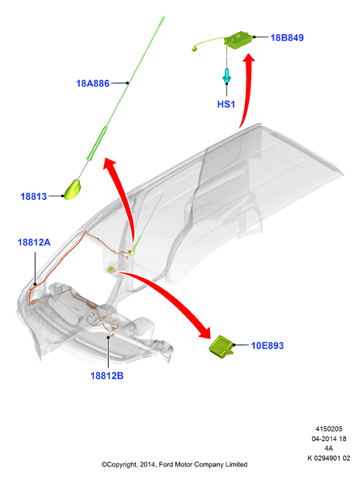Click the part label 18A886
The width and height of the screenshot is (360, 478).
[x=92, y=84]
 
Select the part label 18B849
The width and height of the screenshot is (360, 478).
[x=287, y=38]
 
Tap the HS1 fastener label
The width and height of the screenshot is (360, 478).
[x=226, y=104]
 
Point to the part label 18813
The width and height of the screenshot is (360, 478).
[x=34, y=197]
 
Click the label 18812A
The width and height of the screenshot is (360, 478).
[x=34, y=242]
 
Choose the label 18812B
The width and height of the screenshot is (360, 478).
[x=107, y=375]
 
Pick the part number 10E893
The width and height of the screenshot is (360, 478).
[x=268, y=345]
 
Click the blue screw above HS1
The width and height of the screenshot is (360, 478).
[x=227, y=75]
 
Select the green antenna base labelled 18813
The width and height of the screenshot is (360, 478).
[x=72, y=190]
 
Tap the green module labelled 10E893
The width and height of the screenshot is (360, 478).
[x=222, y=347]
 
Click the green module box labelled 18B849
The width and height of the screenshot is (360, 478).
[x=239, y=39]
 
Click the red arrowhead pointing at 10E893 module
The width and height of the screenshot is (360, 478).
[x=204, y=332]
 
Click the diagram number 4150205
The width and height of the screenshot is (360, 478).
[x=329, y=429]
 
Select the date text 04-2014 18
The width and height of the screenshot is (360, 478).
[x=329, y=438]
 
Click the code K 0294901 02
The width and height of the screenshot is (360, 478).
[x=329, y=458]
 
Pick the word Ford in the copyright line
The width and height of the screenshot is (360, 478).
[x=166, y=464]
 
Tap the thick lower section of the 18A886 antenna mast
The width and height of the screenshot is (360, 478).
[x=97, y=142]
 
